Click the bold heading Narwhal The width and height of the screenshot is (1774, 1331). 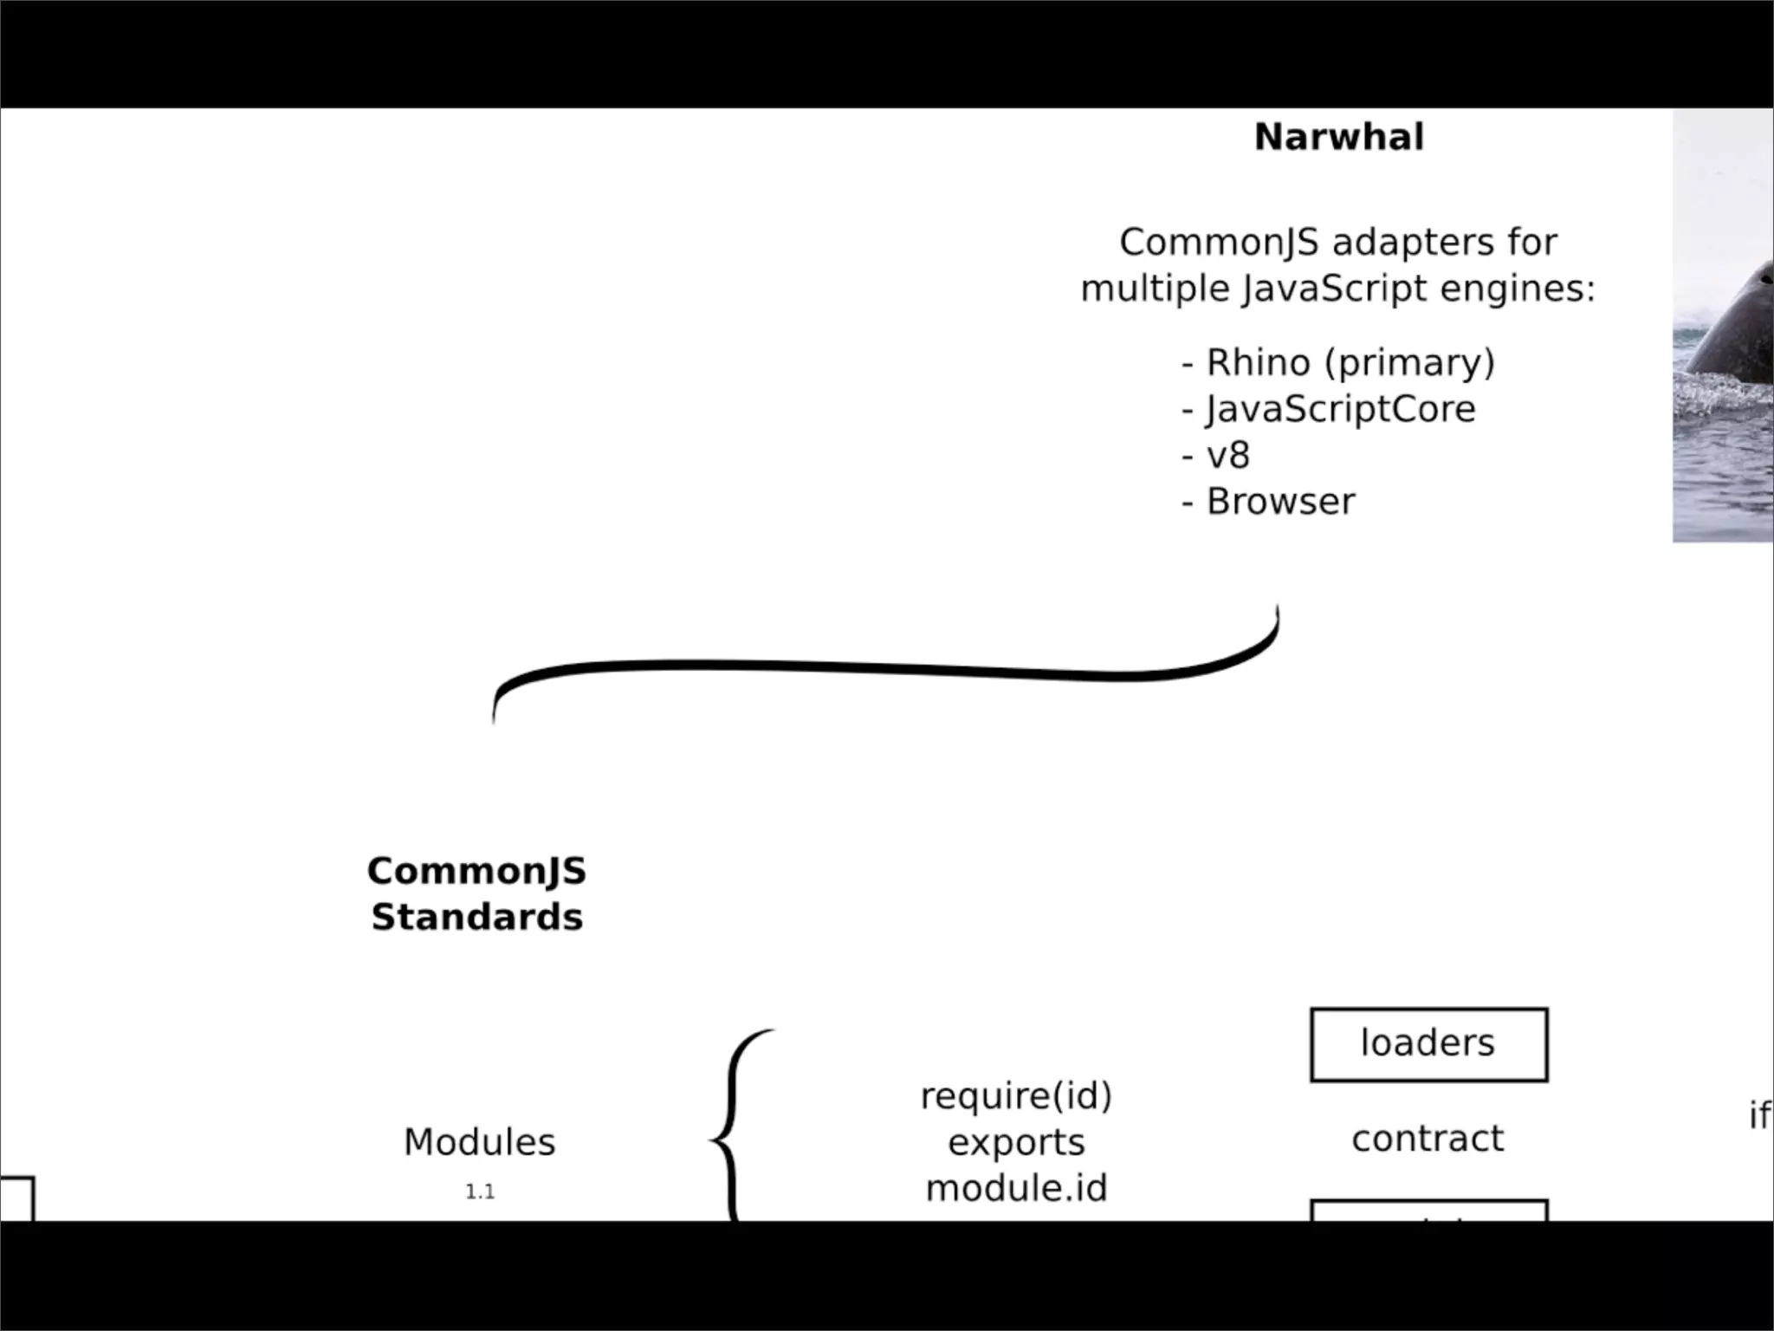[x=1338, y=138]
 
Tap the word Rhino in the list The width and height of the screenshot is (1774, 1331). [x=1258, y=362]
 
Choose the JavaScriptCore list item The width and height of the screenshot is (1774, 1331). [x=1339, y=409]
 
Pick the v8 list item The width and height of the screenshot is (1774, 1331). [x=1227, y=455]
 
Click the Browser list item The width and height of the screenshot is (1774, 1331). [x=1280, y=502]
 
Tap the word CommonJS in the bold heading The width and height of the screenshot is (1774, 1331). [x=476, y=872]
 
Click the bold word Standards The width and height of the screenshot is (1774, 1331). [x=476, y=918]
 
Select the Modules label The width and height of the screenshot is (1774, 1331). [x=479, y=1142]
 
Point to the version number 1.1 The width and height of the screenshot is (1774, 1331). [x=480, y=1192]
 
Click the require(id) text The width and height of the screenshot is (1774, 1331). [x=1016, y=1097]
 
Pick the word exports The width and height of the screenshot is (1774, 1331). [x=1016, y=1143]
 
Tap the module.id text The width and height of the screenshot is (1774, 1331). [x=1016, y=1188]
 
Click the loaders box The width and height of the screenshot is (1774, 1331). [x=1428, y=1044]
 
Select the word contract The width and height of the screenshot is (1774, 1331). [x=1428, y=1139]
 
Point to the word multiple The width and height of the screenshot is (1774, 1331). [x=1155, y=289]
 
